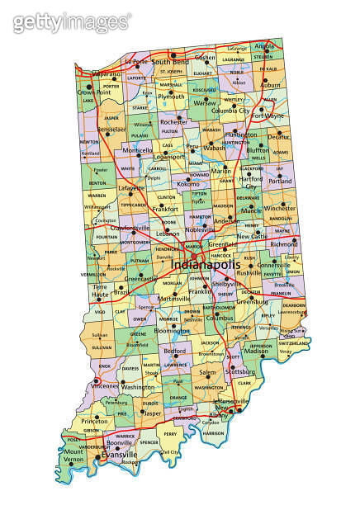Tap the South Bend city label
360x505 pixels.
coord(171,62)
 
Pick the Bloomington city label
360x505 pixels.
coord(172,330)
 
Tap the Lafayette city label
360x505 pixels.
coord(108,188)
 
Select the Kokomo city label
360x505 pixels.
coord(189,183)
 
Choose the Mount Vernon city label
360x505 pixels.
coord(73,455)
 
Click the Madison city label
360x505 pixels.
coord(258,351)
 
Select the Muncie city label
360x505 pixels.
coord(251,210)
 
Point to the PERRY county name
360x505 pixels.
coord(170,432)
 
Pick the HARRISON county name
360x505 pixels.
coord(213,432)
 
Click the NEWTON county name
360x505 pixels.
coord(89,141)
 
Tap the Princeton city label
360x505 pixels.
coord(94,420)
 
